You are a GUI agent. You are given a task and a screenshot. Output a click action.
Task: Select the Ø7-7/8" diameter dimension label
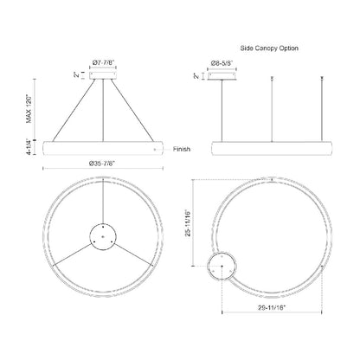(106, 61)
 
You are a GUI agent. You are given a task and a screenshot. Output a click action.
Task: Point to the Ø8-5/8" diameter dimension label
(226, 62)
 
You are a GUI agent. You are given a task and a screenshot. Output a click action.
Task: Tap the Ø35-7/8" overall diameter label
(105, 162)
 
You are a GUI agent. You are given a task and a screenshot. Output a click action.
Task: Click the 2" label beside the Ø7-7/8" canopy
(76, 76)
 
